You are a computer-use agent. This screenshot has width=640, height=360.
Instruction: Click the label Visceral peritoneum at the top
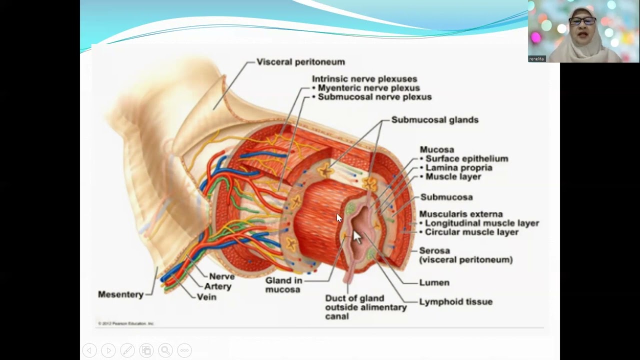300,62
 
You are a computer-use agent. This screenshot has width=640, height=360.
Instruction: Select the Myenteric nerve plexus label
368,88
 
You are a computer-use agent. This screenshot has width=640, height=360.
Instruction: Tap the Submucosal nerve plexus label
374,97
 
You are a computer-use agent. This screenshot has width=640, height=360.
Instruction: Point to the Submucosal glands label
434,120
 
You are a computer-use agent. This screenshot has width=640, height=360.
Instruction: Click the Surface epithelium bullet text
466,158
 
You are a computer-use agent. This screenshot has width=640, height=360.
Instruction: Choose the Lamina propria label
458,167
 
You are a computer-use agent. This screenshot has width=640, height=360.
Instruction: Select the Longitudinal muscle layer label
481,223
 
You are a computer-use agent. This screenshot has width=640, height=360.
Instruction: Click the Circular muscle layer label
471,232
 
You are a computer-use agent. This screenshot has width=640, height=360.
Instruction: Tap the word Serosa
434,250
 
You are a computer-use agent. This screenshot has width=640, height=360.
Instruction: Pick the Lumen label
434,282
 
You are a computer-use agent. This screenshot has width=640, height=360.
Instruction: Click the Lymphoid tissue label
455,301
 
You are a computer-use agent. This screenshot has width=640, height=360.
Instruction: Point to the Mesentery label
120,294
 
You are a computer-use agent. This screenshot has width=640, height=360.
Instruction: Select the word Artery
218,286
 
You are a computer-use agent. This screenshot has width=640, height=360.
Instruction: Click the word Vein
206,297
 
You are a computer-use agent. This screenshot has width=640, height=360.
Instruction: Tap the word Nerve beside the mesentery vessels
221,276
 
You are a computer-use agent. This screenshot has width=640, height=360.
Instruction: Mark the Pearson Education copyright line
126,323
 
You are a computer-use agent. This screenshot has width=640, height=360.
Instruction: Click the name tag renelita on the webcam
537,58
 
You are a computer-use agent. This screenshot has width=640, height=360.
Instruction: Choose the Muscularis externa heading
460,214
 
